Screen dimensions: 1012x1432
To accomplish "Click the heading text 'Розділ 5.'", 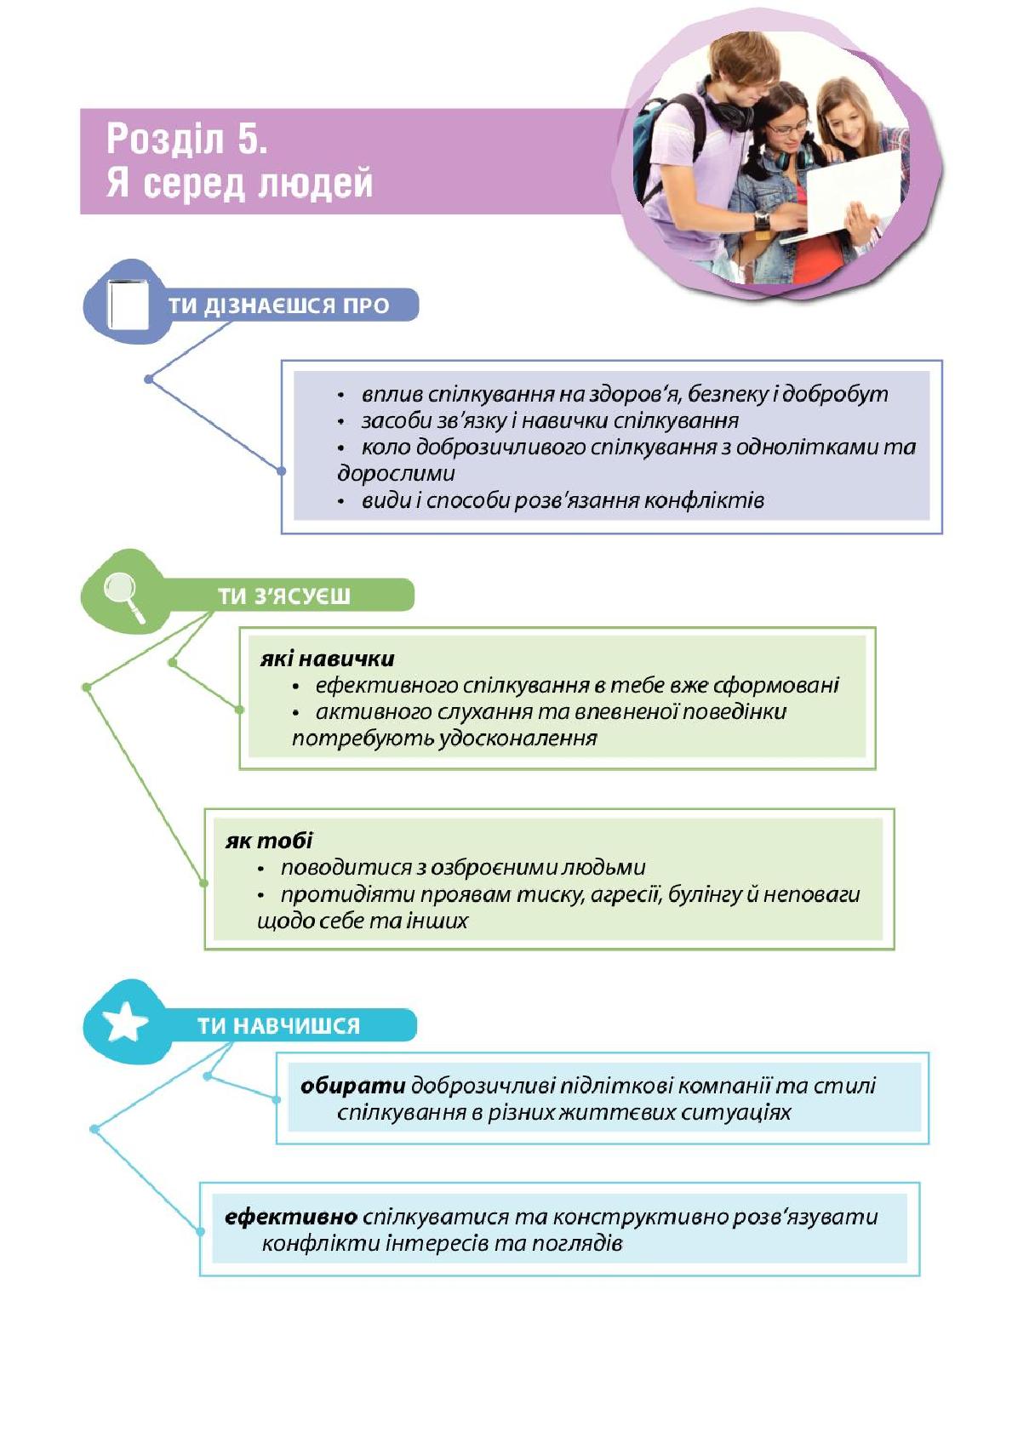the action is click(x=186, y=139).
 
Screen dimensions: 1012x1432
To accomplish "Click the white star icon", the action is click(x=124, y=1022).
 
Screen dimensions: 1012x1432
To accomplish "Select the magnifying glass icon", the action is click(x=125, y=596).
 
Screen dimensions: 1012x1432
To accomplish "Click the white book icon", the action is click(x=128, y=305).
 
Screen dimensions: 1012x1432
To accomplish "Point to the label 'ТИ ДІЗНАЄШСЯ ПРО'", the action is click(x=278, y=305).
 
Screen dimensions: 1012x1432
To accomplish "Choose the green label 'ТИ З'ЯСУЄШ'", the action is click(x=283, y=596).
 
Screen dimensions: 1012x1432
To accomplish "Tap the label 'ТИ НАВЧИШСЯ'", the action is click(x=278, y=1026).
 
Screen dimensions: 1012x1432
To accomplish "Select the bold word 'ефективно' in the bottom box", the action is click(x=291, y=1217).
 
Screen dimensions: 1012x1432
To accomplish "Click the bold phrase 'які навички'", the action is click(x=328, y=659).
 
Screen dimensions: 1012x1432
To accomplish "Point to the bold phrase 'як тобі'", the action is click(x=269, y=841).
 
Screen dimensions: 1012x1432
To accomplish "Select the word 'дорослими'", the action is click(x=397, y=474).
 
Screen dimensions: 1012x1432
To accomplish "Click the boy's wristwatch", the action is click(x=762, y=220).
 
